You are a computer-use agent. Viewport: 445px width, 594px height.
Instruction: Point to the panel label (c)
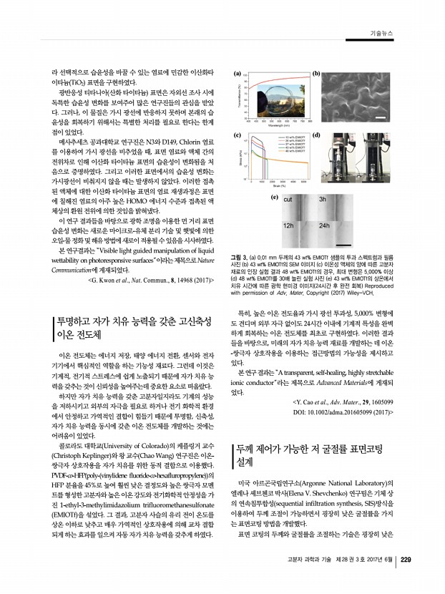click(x=237, y=135)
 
